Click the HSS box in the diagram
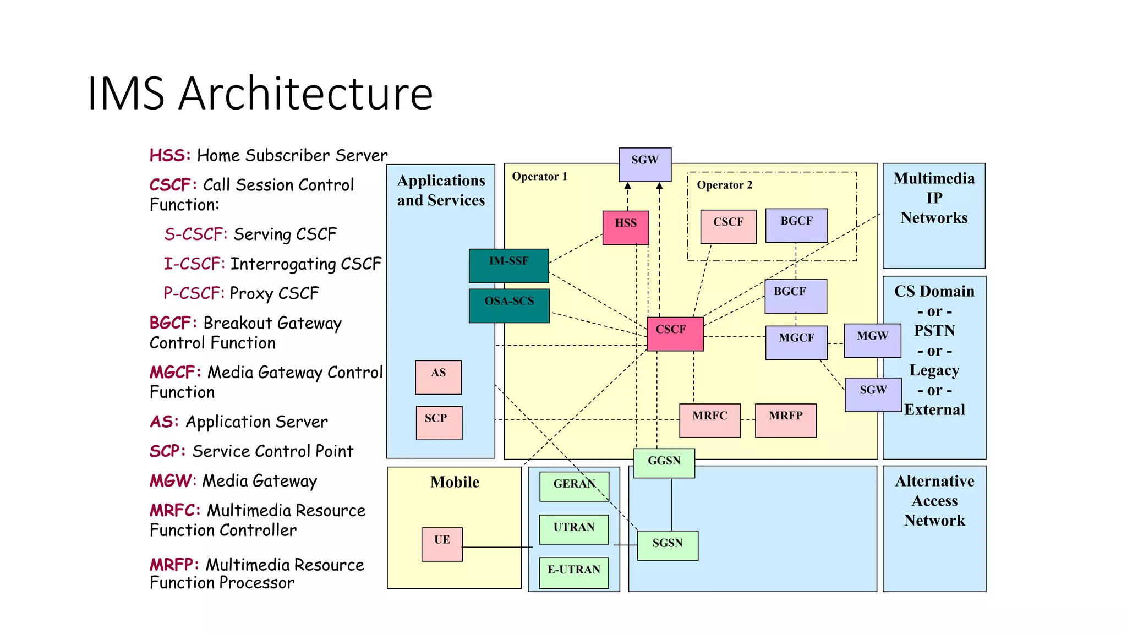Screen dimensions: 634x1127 pyautogui.click(x=626, y=227)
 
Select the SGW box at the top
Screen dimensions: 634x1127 pyautogui.click(x=644, y=164)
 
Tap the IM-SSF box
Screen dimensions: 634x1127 pyautogui.click(x=508, y=265)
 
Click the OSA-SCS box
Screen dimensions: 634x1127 pyautogui.click(x=509, y=305)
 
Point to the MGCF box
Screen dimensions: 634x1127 pyautogui.click(x=796, y=342)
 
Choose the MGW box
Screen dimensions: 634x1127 pyautogui.click(x=872, y=340)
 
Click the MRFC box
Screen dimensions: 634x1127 pyautogui.click(x=709, y=420)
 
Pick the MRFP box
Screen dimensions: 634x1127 pyautogui.click(x=785, y=420)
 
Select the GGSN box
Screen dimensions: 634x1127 pyautogui.click(x=664, y=463)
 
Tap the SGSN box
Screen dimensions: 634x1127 pyautogui.click(x=668, y=545)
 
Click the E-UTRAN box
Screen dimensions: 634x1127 pyautogui.click(x=573, y=572)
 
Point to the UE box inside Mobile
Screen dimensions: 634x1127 pyautogui.click(x=442, y=544)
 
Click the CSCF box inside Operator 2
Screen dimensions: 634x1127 pyautogui.click(x=728, y=226)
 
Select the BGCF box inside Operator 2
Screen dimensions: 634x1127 pyautogui.click(x=796, y=225)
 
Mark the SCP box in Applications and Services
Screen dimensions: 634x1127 pyautogui.click(x=439, y=422)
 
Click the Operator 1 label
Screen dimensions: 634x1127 pyautogui.click(x=539, y=177)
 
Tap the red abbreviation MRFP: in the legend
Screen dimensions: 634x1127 pyautogui.click(x=174, y=565)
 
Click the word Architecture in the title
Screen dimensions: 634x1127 pyautogui.click(x=305, y=94)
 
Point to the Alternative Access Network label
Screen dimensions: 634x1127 pyautogui.click(x=934, y=500)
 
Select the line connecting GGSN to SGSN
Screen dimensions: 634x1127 pyautogui.click(x=671, y=504)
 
